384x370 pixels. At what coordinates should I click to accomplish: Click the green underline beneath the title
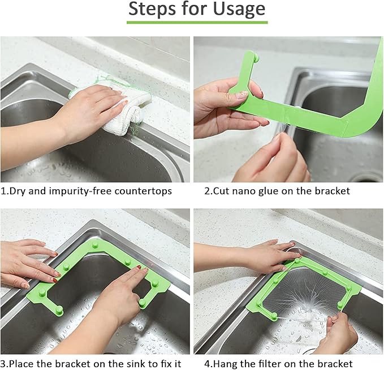pyautogui.click(x=196, y=22)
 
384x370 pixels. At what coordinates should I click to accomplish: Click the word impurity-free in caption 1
pyautogui.click(x=69, y=191)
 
